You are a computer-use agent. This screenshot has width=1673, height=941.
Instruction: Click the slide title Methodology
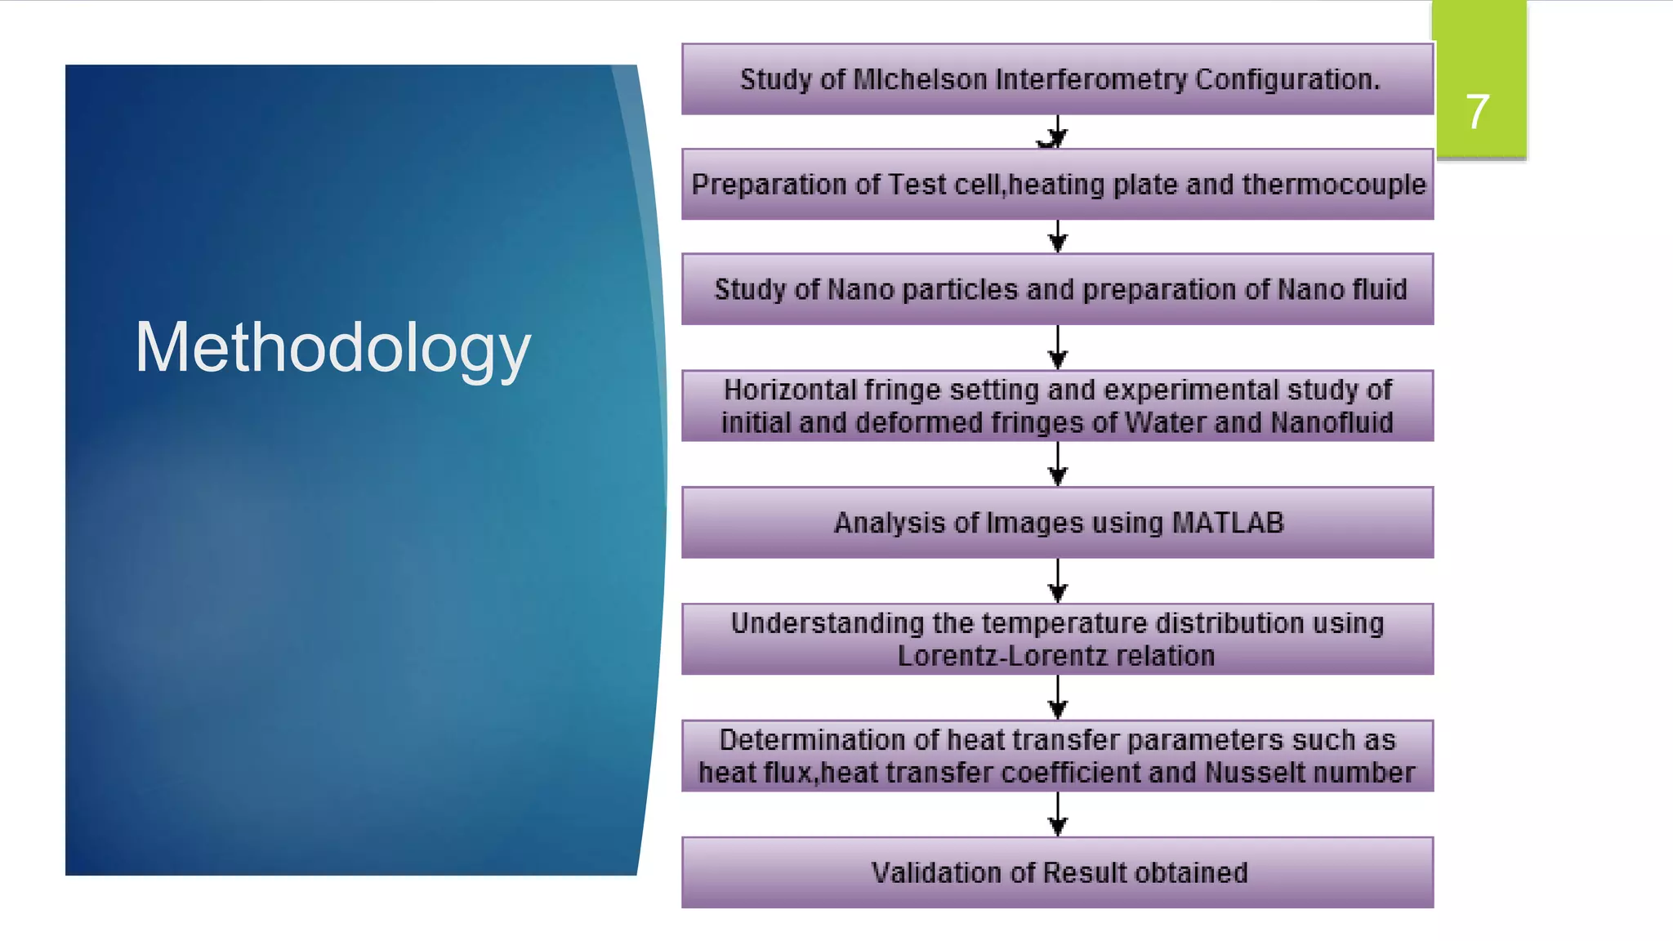(x=332, y=348)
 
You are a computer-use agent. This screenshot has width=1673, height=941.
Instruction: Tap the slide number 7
(x=1477, y=112)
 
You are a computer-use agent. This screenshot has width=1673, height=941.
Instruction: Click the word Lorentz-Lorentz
(x=998, y=656)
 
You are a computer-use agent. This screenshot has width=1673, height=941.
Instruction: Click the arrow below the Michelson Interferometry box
(x=1057, y=132)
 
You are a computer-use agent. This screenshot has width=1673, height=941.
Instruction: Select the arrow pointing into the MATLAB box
(x=1057, y=466)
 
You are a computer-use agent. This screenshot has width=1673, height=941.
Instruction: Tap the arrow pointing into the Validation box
(x=1057, y=815)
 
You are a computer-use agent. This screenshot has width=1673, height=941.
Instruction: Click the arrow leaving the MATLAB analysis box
(x=1057, y=582)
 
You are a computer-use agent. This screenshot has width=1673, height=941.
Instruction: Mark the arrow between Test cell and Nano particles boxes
(x=1057, y=237)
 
